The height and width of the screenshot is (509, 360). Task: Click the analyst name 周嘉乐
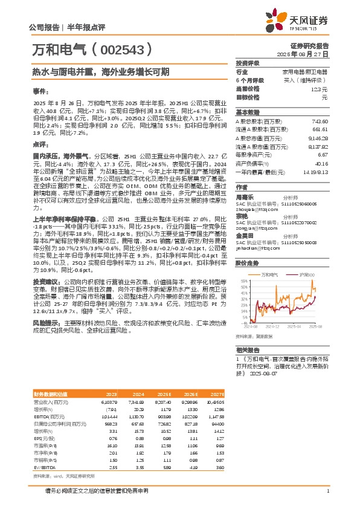244,196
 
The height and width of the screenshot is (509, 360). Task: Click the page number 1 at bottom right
327,491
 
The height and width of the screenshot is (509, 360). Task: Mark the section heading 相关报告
248,350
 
